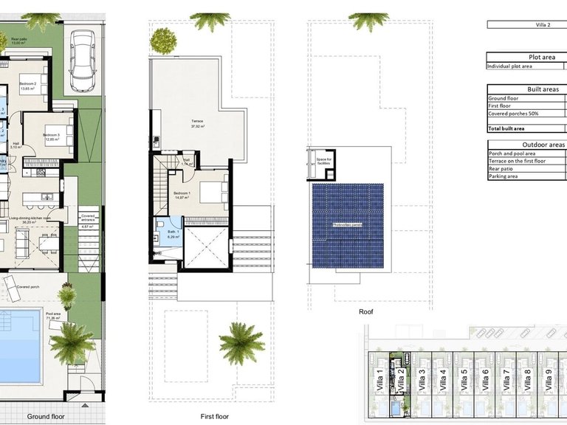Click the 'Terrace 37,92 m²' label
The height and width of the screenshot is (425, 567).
click(197, 123)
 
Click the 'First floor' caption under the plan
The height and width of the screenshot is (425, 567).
click(217, 416)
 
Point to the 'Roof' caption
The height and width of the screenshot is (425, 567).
click(367, 311)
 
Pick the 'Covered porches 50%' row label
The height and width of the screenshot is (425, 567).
click(515, 114)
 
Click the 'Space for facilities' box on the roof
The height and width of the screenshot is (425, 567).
click(323, 161)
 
